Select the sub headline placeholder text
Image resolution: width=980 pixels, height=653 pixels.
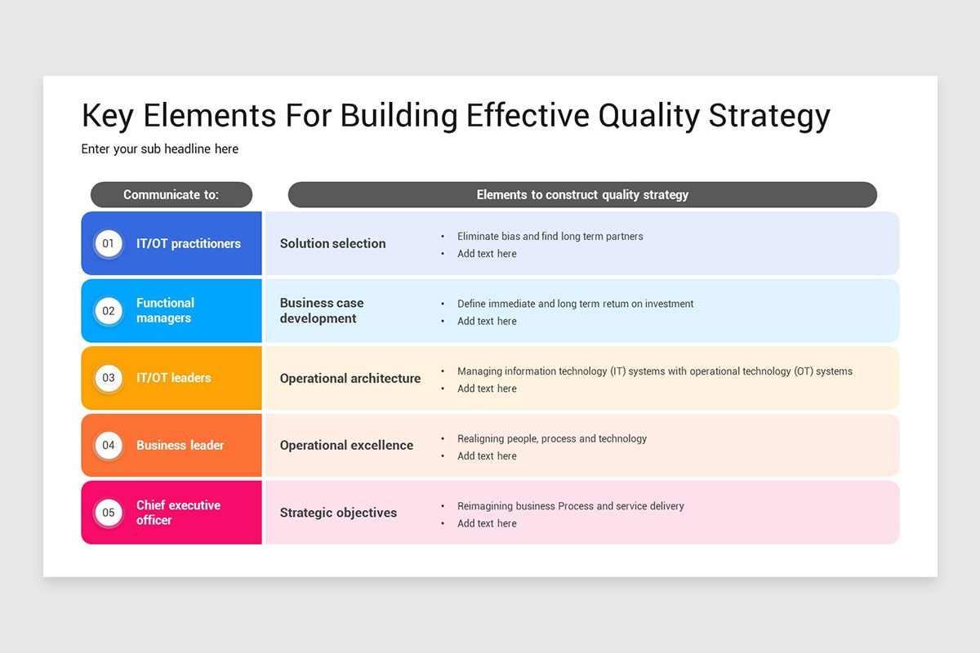[x=160, y=149]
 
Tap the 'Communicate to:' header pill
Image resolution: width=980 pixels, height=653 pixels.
[x=171, y=195]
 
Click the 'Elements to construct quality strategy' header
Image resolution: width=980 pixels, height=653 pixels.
[x=582, y=195]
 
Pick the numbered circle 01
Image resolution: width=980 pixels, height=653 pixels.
[x=109, y=243]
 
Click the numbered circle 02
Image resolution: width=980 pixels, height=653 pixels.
[x=109, y=311]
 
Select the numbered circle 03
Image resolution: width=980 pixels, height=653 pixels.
[x=109, y=378]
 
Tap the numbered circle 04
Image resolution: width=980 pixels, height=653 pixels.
[x=109, y=446]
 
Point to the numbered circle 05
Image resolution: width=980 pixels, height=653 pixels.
[x=109, y=513]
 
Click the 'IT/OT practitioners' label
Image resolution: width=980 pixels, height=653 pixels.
[x=189, y=243]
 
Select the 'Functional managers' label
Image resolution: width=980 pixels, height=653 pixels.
[x=165, y=311]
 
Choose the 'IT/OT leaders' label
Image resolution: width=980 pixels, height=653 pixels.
[x=173, y=378]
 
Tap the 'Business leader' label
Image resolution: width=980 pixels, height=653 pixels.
[x=180, y=446]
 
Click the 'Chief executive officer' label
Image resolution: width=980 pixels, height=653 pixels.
[x=178, y=513]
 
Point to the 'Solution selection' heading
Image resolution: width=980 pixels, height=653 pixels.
[x=332, y=243]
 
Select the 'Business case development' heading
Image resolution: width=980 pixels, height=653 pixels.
[x=322, y=311]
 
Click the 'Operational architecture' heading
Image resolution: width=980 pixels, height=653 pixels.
[x=350, y=379]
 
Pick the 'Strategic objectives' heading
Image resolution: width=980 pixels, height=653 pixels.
[x=338, y=513]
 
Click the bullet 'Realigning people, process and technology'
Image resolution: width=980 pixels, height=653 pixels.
[x=552, y=439]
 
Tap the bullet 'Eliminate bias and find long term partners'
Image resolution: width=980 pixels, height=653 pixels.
[x=550, y=237]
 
